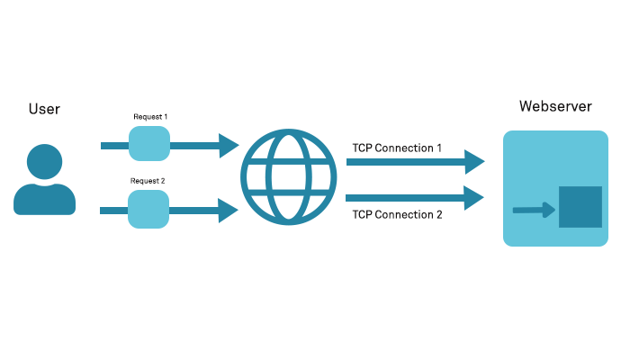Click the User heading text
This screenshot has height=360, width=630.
[44, 109]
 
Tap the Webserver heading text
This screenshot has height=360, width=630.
[555, 106]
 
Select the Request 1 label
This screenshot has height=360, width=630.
[150, 117]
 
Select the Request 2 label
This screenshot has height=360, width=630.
[148, 181]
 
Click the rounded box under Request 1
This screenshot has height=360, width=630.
[149, 143]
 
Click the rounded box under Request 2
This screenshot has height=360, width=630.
[148, 209]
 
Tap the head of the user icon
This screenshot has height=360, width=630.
[44, 163]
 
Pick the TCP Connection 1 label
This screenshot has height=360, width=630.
[397, 148]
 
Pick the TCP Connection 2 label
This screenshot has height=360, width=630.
[397, 215]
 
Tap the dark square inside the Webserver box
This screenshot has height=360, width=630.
[580, 207]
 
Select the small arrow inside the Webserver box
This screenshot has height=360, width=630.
[533, 211]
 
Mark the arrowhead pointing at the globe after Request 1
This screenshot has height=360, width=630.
[228, 144]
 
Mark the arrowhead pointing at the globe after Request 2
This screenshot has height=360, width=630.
[228, 211]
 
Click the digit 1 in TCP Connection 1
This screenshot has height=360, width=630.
[439, 148]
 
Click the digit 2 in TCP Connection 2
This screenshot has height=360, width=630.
[439, 215]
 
